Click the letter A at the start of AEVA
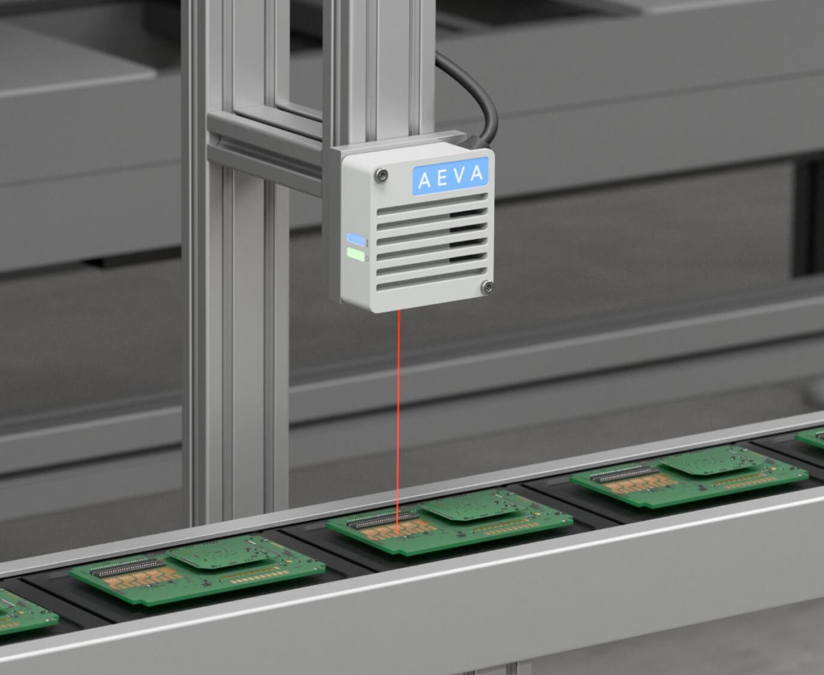click(x=425, y=180)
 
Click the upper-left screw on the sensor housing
click(x=381, y=174)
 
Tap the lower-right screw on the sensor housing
click(x=486, y=287)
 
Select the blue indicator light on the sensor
click(x=356, y=239)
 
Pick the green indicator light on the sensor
click(x=356, y=254)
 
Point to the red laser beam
click(x=399, y=423)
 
